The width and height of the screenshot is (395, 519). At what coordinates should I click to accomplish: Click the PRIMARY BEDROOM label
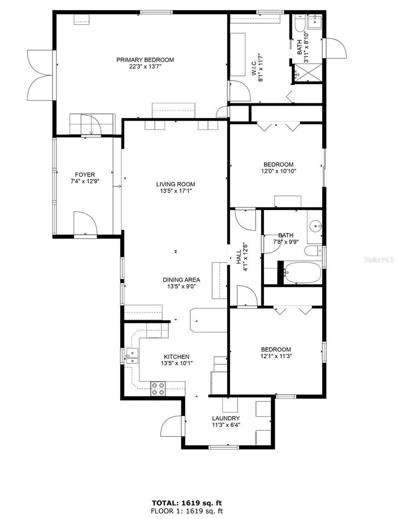(x=145, y=60)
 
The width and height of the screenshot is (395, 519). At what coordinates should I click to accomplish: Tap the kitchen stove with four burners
(x=157, y=389)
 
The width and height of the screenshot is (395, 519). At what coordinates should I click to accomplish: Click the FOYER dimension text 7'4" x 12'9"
(x=85, y=182)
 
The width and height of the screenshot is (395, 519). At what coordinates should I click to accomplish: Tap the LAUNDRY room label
(x=226, y=418)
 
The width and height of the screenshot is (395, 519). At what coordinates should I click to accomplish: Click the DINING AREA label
(x=181, y=279)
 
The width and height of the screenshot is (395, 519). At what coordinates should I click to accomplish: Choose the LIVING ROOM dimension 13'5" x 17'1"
(x=175, y=191)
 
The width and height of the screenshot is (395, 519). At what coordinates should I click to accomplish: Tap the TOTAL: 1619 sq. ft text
(x=187, y=503)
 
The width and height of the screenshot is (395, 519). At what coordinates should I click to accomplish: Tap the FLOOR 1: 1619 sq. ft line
(x=187, y=511)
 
